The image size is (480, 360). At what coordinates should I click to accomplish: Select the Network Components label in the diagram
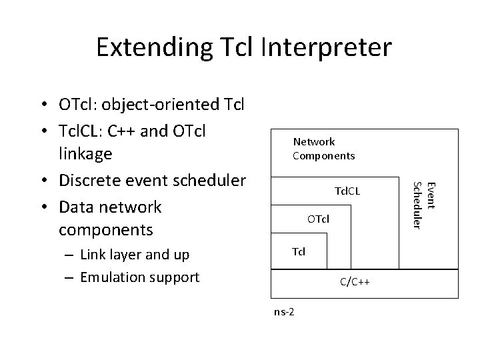(x=323, y=149)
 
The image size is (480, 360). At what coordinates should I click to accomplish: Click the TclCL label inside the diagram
(x=347, y=191)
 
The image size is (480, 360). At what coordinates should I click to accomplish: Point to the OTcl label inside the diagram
(x=318, y=219)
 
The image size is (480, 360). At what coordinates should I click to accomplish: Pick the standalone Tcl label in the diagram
(x=299, y=251)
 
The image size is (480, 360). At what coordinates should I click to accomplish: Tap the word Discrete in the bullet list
(x=88, y=181)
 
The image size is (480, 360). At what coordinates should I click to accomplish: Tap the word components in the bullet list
(x=105, y=230)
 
